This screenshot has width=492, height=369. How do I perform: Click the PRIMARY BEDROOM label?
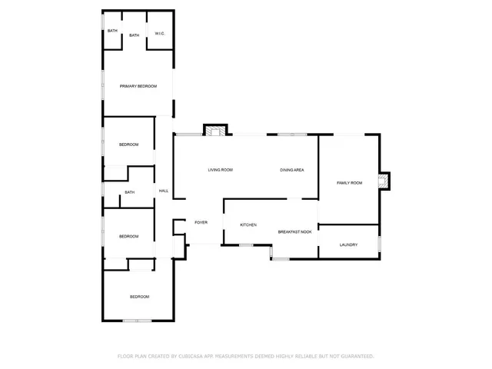point(138,86)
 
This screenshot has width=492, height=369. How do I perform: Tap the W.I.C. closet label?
point(159,33)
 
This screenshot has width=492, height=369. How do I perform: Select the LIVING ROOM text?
point(221,170)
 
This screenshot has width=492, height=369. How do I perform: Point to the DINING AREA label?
point(292,170)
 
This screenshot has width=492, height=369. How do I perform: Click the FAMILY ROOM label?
point(350,182)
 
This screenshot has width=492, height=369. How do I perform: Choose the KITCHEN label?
point(248,224)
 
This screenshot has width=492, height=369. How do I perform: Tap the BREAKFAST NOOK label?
point(294,231)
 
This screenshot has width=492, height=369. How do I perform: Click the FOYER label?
point(201,222)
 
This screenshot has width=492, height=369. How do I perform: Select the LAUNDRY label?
point(349,244)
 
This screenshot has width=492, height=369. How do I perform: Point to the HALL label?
point(164,191)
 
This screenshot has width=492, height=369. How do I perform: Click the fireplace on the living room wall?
point(216,131)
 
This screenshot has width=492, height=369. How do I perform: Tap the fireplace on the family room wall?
point(383,181)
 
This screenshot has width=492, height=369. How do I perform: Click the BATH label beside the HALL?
point(129,192)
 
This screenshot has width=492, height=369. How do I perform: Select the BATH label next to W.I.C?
point(135,35)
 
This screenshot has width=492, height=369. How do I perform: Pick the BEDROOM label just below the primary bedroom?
point(129,145)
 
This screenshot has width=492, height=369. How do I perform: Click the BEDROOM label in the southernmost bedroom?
point(139,297)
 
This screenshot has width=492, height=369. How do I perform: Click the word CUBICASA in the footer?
point(197,356)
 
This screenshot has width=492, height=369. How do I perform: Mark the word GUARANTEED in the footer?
point(354,356)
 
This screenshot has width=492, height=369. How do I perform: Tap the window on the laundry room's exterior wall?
point(379,244)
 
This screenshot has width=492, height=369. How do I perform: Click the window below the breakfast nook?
point(281,258)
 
